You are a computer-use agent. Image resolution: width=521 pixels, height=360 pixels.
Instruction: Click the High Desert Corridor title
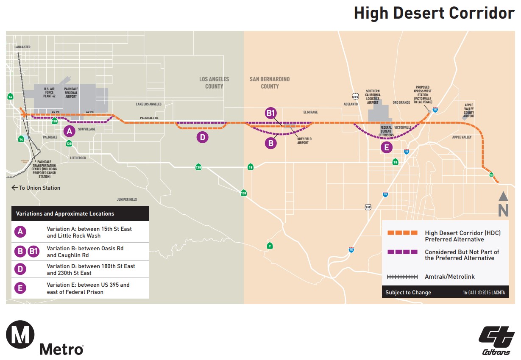tap(434, 13)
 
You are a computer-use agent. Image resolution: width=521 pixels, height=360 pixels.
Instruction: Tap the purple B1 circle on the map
tap(271, 113)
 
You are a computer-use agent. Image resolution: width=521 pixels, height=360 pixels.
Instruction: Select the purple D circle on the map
tap(203, 137)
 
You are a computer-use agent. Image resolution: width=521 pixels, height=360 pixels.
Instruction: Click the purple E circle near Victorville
tap(386, 147)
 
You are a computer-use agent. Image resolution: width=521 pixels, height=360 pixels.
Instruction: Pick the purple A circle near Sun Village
tap(69, 131)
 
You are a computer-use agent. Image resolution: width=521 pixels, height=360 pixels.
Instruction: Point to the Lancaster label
tap(22, 47)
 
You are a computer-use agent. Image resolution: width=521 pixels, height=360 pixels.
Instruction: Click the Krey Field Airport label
tap(303, 140)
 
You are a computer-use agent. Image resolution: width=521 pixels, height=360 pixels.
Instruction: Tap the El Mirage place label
tap(310, 112)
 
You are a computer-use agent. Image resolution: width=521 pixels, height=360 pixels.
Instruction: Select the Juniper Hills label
tap(127, 199)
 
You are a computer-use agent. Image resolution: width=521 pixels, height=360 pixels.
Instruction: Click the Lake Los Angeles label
tap(148, 104)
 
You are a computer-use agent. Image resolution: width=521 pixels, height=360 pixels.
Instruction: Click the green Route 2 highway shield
tap(270, 246)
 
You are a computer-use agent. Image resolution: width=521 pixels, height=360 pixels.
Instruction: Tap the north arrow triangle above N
tap(503, 196)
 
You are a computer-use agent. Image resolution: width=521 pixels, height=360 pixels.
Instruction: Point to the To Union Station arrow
tap(15, 188)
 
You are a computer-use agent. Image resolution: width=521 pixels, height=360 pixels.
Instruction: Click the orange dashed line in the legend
tap(402, 233)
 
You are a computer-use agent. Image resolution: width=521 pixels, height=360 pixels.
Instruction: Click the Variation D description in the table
tap(91, 269)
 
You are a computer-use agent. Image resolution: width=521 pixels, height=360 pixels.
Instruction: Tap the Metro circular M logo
tap(20, 334)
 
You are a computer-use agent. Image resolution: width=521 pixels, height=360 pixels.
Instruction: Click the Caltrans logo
tap(496, 341)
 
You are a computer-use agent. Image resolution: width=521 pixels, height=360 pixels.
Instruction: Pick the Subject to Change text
tap(408, 292)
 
